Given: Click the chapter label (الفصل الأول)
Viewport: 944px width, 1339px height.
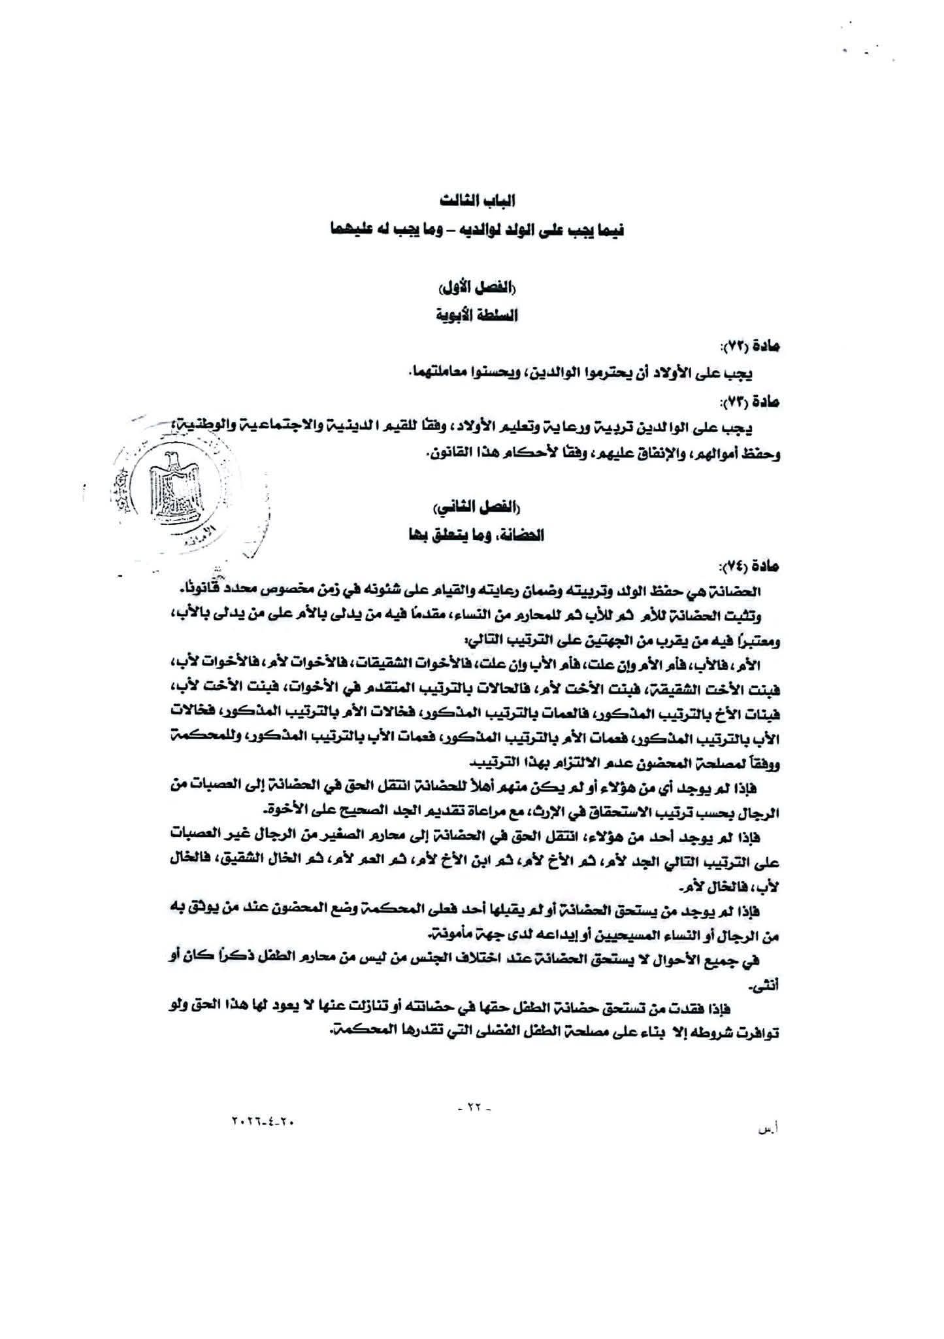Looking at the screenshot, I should tap(475, 289).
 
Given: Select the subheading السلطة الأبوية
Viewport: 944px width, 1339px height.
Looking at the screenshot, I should tap(475, 316).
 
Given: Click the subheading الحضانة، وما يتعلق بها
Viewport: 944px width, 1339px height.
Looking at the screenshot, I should tap(475, 535).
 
